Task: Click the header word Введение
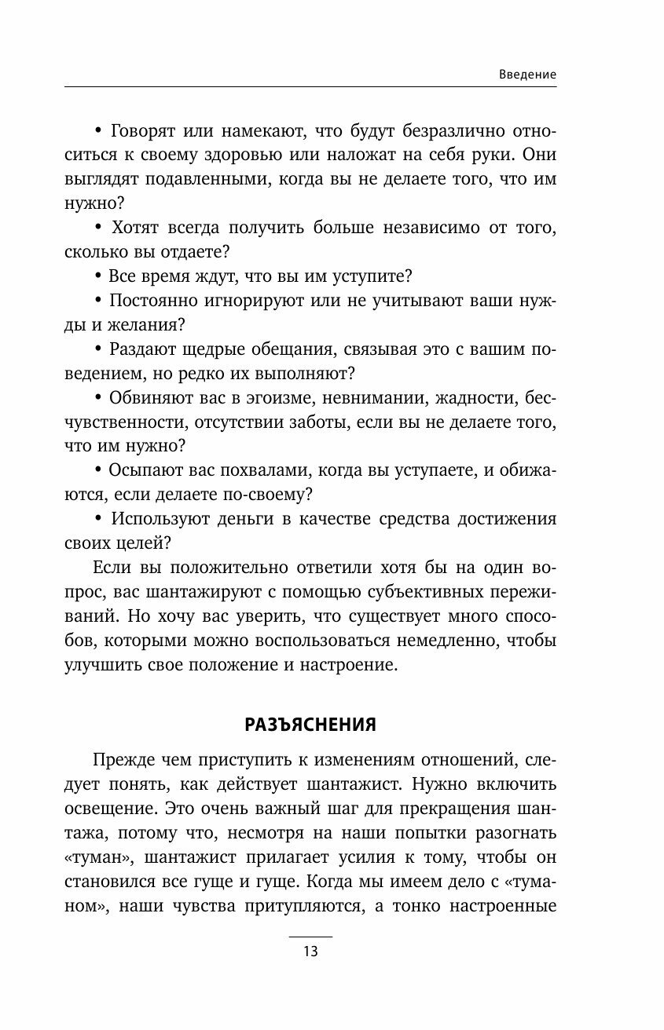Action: (528, 74)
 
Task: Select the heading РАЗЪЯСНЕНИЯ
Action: (310, 725)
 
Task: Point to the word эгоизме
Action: (243, 399)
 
